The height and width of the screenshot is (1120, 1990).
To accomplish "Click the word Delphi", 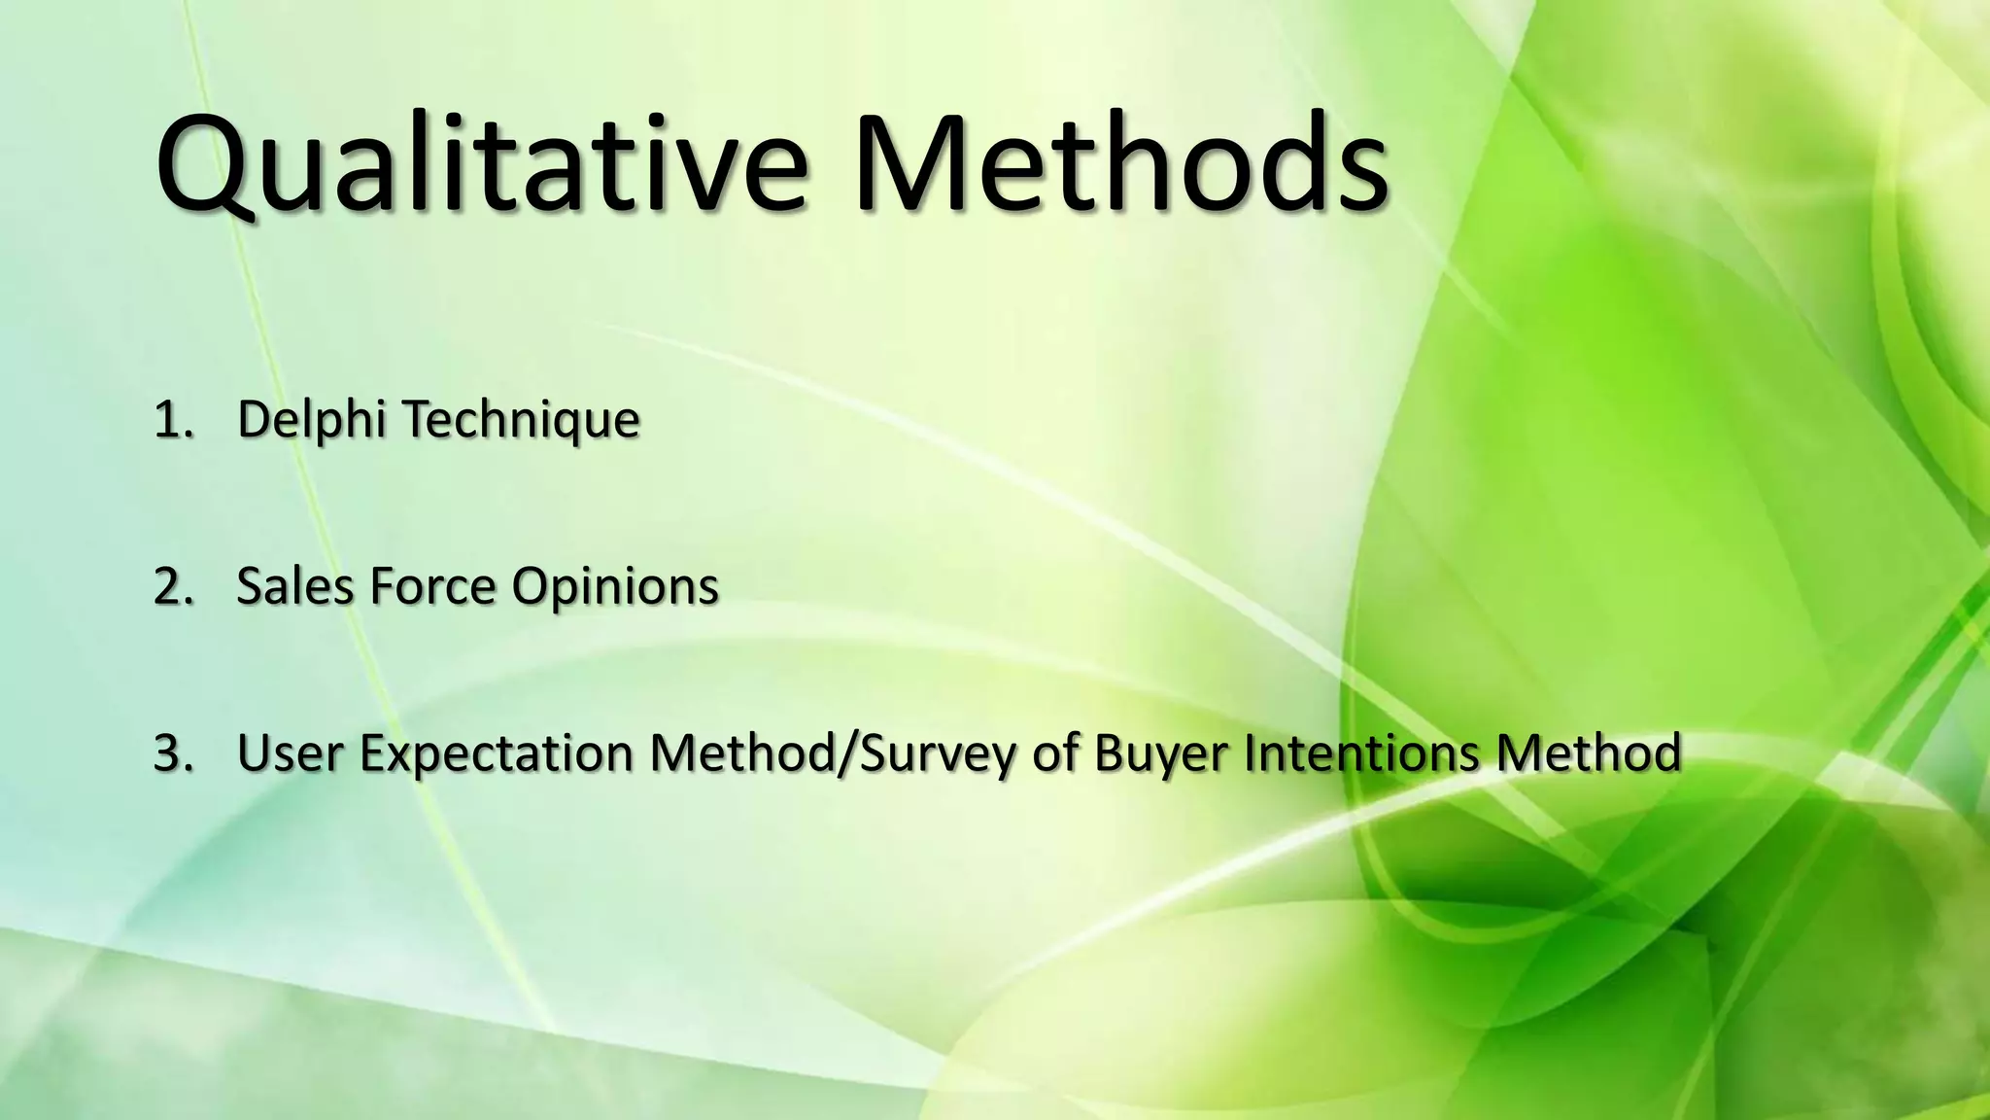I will click(x=313, y=420).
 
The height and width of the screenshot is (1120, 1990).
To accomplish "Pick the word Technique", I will click(x=521, y=420).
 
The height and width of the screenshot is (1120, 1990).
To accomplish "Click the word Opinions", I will click(x=615, y=587).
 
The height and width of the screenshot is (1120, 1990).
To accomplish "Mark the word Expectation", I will click(x=497, y=753).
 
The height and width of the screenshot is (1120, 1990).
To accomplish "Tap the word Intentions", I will click(x=1361, y=753).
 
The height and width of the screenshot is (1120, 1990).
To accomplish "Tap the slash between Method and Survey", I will click(x=846, y=753).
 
